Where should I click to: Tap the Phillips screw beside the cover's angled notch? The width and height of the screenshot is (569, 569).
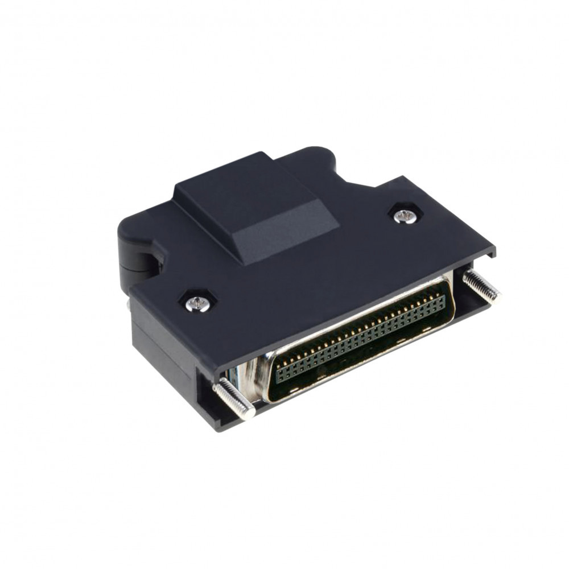(405, 215)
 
